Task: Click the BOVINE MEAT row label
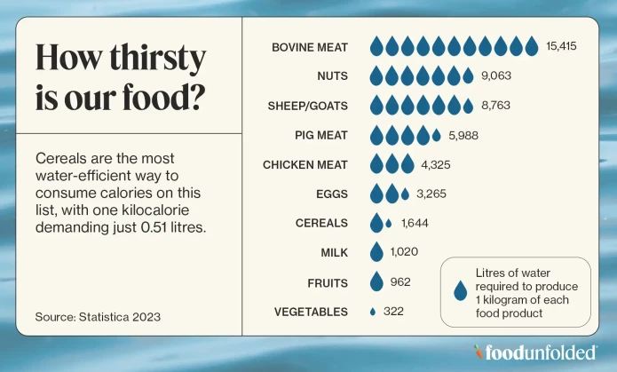[x=309, y=46]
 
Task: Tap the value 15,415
[x=562, y=46]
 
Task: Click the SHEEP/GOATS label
[x=308, y=106]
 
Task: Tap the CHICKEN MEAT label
[x=305, y=164]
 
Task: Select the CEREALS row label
[x=321, y=223]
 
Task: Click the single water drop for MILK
[x=376, y=252]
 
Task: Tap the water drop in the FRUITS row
[x=376, y=282]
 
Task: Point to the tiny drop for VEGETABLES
[x=373, y=312]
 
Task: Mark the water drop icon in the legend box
[x=460, y=292]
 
